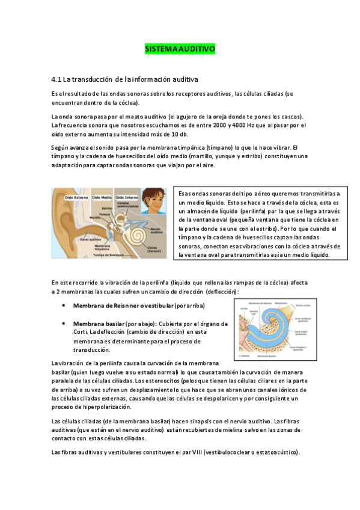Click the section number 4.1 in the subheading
(57, 79)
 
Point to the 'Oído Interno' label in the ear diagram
(128, 197)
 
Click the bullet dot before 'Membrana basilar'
(63, 323)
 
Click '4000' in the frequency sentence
(254, 125)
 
